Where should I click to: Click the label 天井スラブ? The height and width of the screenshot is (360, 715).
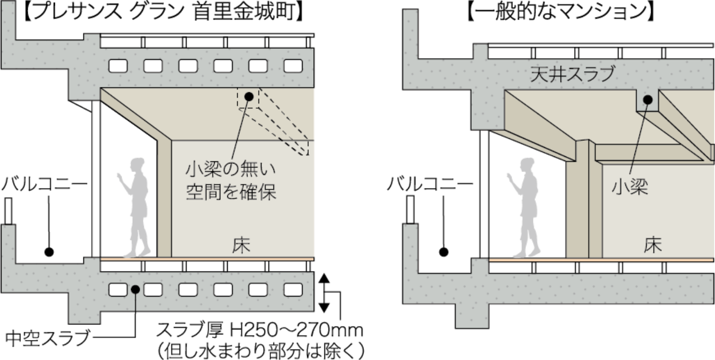[572, 75]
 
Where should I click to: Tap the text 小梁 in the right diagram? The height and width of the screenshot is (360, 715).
[630, 187]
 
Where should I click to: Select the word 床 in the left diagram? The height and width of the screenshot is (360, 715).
[241, 245]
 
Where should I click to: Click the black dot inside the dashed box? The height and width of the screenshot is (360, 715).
[248, 96]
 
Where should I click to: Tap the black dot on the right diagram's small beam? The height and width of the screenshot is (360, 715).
[648, 100]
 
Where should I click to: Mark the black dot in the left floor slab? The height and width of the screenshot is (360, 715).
[135, 289]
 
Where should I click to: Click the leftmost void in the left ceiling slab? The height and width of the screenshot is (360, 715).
[118, 66]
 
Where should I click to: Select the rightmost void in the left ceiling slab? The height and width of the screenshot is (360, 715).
[293, 66]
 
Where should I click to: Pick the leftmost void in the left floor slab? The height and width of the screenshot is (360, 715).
[118, 290]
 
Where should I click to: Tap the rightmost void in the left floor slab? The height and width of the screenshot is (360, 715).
[293, 290]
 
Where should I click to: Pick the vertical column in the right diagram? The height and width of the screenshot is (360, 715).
[583, 201]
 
